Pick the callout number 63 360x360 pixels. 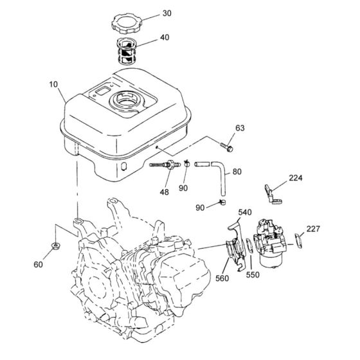(x=240, y=129)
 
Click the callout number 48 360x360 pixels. (x=165, y=191)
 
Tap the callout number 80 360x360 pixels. (x=237, y=172)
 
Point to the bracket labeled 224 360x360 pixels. (x=271, y=195)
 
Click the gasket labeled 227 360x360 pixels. (x=298, y=239)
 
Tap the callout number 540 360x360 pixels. (x=246, y=212)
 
